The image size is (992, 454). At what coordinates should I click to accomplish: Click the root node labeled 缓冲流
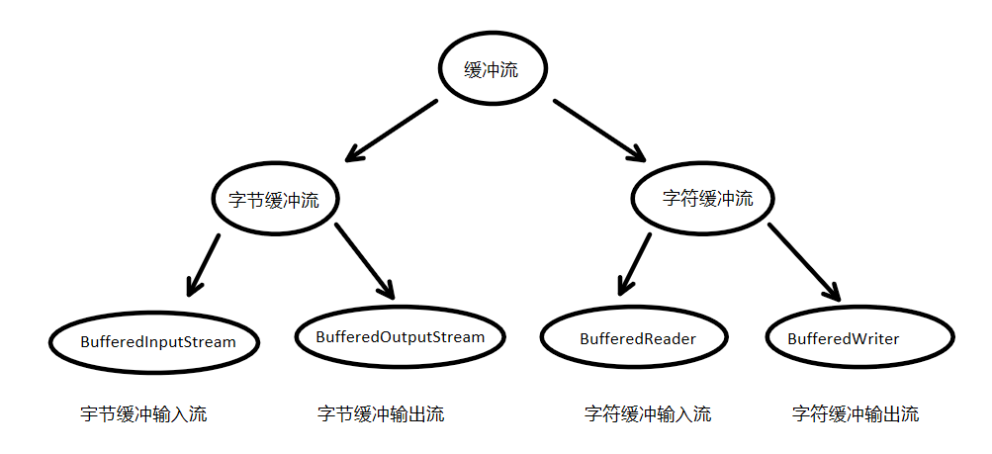click(x=492, y=70)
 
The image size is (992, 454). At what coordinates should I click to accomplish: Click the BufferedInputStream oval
click(x=157, y=342)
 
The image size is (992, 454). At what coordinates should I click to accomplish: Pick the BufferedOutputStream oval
click(x=400, y=337)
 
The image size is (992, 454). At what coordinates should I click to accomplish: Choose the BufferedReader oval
click(x=637, y=338)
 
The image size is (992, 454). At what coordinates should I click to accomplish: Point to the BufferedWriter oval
click(x=859, y=338)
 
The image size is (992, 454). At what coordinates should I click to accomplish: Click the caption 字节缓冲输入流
click(x=143, y=414)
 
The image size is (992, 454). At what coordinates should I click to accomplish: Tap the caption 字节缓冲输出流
click(x=381, y=414)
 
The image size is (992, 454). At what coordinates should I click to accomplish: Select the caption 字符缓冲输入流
click(x=647, y=414)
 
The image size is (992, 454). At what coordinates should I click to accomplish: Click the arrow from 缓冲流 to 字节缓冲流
click(x=391, y=130)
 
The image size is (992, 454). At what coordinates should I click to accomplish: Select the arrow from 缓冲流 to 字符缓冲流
click(x=598, y=130)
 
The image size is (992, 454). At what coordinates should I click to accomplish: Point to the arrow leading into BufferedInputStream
click(x=203, y=264)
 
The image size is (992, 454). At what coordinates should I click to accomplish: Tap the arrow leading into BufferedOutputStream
click(x=365, y=261)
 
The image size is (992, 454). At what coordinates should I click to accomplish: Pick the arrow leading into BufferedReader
click(x=634, y=264)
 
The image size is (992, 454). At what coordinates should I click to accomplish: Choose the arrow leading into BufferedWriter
click(x=804, y=262)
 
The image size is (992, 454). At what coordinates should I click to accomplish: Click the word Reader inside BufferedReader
click(x=670, y=338)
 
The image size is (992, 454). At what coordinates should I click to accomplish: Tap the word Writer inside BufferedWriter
click(x=876, y=338)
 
